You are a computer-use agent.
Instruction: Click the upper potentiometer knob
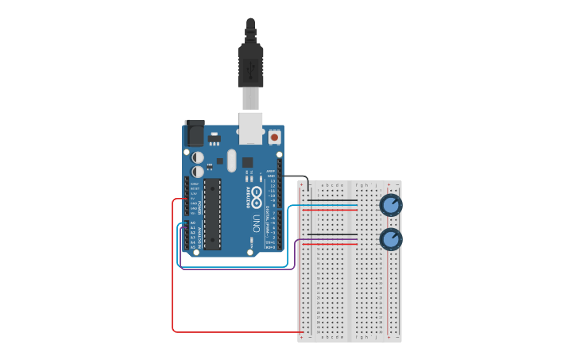pos(390,205)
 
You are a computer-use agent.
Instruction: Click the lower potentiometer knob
pos(390,238)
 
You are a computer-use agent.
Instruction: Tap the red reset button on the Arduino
pos(274,137)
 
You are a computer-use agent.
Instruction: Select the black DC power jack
pos(195,133)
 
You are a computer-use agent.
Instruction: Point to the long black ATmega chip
pos(212,213)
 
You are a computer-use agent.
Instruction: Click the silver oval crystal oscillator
pos(231,161)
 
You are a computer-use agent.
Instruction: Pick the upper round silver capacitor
pos(198,157)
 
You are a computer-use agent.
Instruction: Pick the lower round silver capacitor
pos(198,172)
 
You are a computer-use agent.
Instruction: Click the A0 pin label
pos(193,223)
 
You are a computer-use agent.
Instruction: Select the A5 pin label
pos(193,247)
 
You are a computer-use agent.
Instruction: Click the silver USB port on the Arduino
pos(251,128)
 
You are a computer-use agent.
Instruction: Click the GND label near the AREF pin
pos(271,176)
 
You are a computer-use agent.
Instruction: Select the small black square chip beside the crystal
pos(247,162)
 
